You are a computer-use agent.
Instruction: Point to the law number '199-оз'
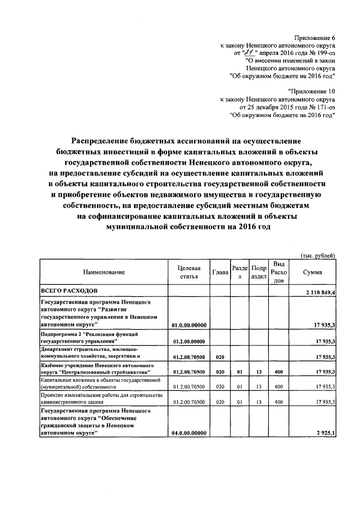point(326,51)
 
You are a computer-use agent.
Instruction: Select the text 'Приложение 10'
point(312,90)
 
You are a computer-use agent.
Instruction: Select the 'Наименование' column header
point(103,272)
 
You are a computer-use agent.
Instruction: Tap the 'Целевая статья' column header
point(188,272)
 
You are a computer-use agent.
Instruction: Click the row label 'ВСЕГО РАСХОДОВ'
point(69,290)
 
